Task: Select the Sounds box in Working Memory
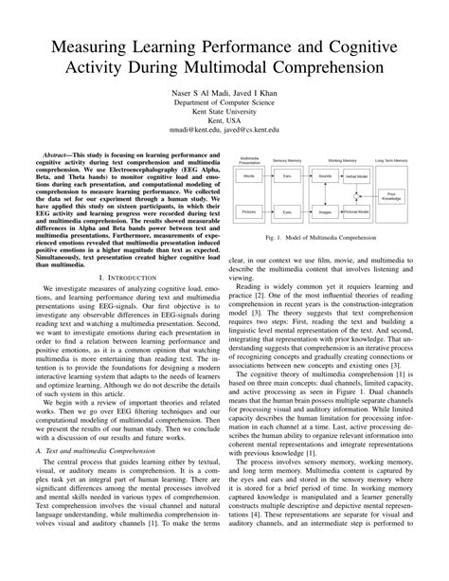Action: point(325,176)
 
